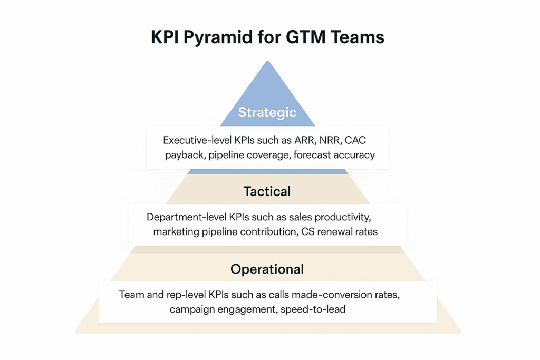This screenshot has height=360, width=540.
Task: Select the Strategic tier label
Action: (267, 112)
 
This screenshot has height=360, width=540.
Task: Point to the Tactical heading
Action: (267, 191)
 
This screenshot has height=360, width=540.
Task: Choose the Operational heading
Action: (267, 269)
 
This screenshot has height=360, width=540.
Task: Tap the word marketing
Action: (176, 232)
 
